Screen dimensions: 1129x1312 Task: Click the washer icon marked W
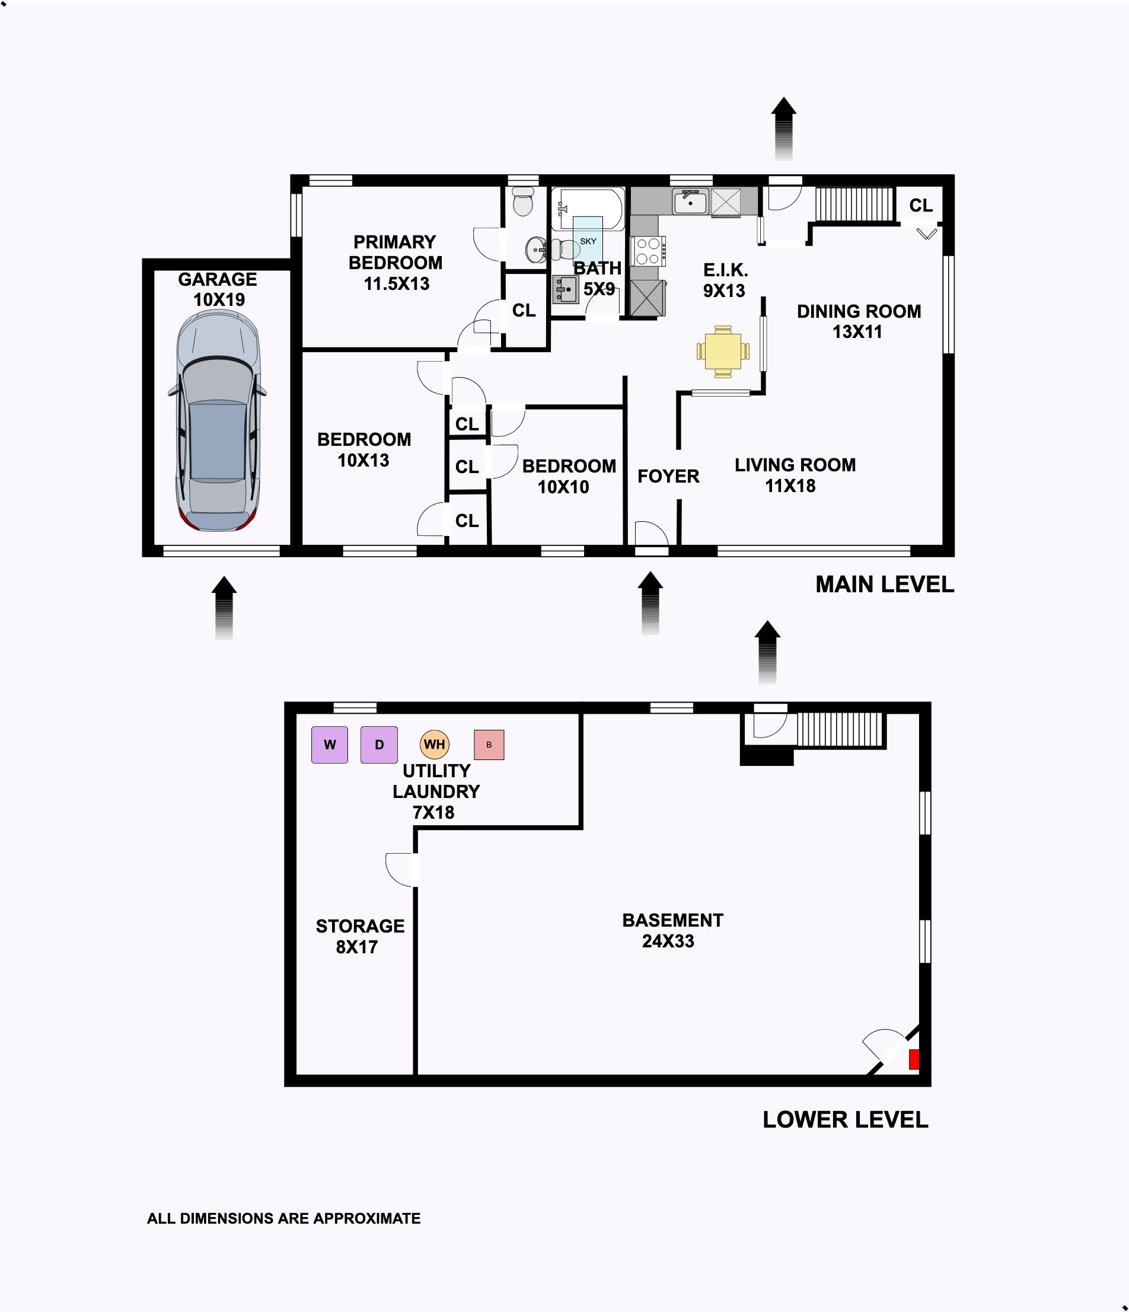pos(329,745)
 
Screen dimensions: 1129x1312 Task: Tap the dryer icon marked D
pos(379,745)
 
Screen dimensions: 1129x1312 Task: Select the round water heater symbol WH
pos(435,744)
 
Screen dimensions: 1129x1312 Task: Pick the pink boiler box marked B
pos(489,745)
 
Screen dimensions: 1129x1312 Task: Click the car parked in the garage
pos(217,421)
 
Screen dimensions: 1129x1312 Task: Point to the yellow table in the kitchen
pos(723,352)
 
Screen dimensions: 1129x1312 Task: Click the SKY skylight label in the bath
pos(588,241)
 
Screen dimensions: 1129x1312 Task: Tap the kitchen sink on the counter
pos(690,202)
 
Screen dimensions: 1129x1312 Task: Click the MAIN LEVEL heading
pos(885,585)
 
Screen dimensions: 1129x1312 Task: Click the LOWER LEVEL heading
pos(846,1119)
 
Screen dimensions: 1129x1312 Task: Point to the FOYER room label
pos(668,476)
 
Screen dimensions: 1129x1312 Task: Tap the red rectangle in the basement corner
pos(914,1059)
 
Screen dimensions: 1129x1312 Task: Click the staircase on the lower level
pos(840,729)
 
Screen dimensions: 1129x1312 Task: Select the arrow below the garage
pos(224,607)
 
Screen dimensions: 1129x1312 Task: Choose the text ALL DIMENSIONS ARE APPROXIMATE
pos(283,1218)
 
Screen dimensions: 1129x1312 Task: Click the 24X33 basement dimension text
pos(668,941)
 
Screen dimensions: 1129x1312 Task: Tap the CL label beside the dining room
pos(921,205)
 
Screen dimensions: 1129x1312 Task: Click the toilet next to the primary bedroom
pos(523,201)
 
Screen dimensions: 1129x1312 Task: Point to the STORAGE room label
pos(361,925)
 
